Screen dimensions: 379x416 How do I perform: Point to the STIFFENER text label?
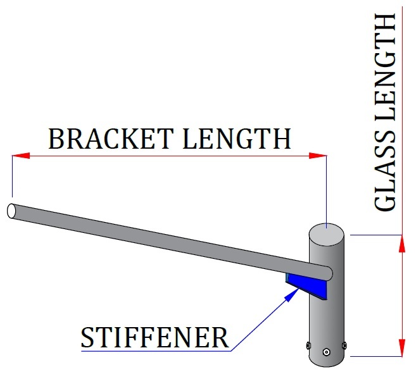154,338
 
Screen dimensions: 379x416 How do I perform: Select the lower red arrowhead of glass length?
400,348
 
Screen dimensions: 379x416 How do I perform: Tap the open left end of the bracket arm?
11,211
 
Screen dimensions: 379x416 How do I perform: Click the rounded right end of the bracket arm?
327,273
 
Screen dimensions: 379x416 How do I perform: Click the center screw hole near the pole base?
326,352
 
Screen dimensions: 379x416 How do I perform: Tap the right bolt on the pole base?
344,345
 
